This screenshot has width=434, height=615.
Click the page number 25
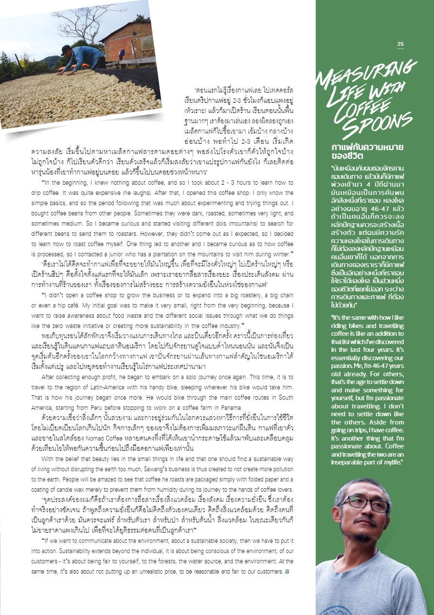(400, 44)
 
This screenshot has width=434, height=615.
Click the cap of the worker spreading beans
(66, 49)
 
